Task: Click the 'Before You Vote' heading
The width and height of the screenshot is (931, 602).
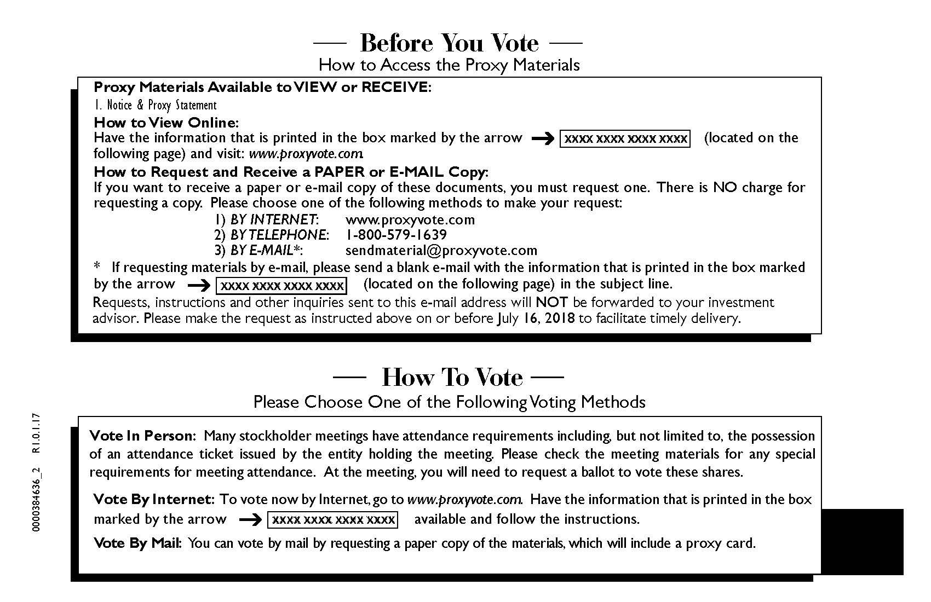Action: coord(449,43)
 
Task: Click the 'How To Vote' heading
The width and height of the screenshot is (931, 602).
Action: coord(452,377)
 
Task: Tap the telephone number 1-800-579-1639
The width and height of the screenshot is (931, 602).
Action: coord(396,235)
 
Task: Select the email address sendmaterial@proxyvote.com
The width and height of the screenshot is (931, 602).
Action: coord(441,251)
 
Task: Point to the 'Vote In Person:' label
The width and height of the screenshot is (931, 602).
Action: coord(142,436)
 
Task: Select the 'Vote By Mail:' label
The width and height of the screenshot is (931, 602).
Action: coord(137,543)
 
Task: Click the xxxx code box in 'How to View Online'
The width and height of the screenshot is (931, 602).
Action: coord(625,139)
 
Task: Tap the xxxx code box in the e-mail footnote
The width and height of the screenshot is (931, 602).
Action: coord(281,286)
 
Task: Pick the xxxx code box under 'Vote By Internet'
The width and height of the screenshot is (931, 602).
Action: coord(333,519)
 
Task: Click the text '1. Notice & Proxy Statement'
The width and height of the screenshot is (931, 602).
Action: coord(155,105)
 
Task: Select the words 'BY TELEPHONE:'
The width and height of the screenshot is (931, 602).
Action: coord(279,235)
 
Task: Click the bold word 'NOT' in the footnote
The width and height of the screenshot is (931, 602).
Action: coord(551,302)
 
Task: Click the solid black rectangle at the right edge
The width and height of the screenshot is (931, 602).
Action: coord(862,542)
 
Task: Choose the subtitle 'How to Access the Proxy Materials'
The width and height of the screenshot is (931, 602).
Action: coord(449,65)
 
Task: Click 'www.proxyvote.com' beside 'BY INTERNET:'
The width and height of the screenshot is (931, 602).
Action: coord(410,220)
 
